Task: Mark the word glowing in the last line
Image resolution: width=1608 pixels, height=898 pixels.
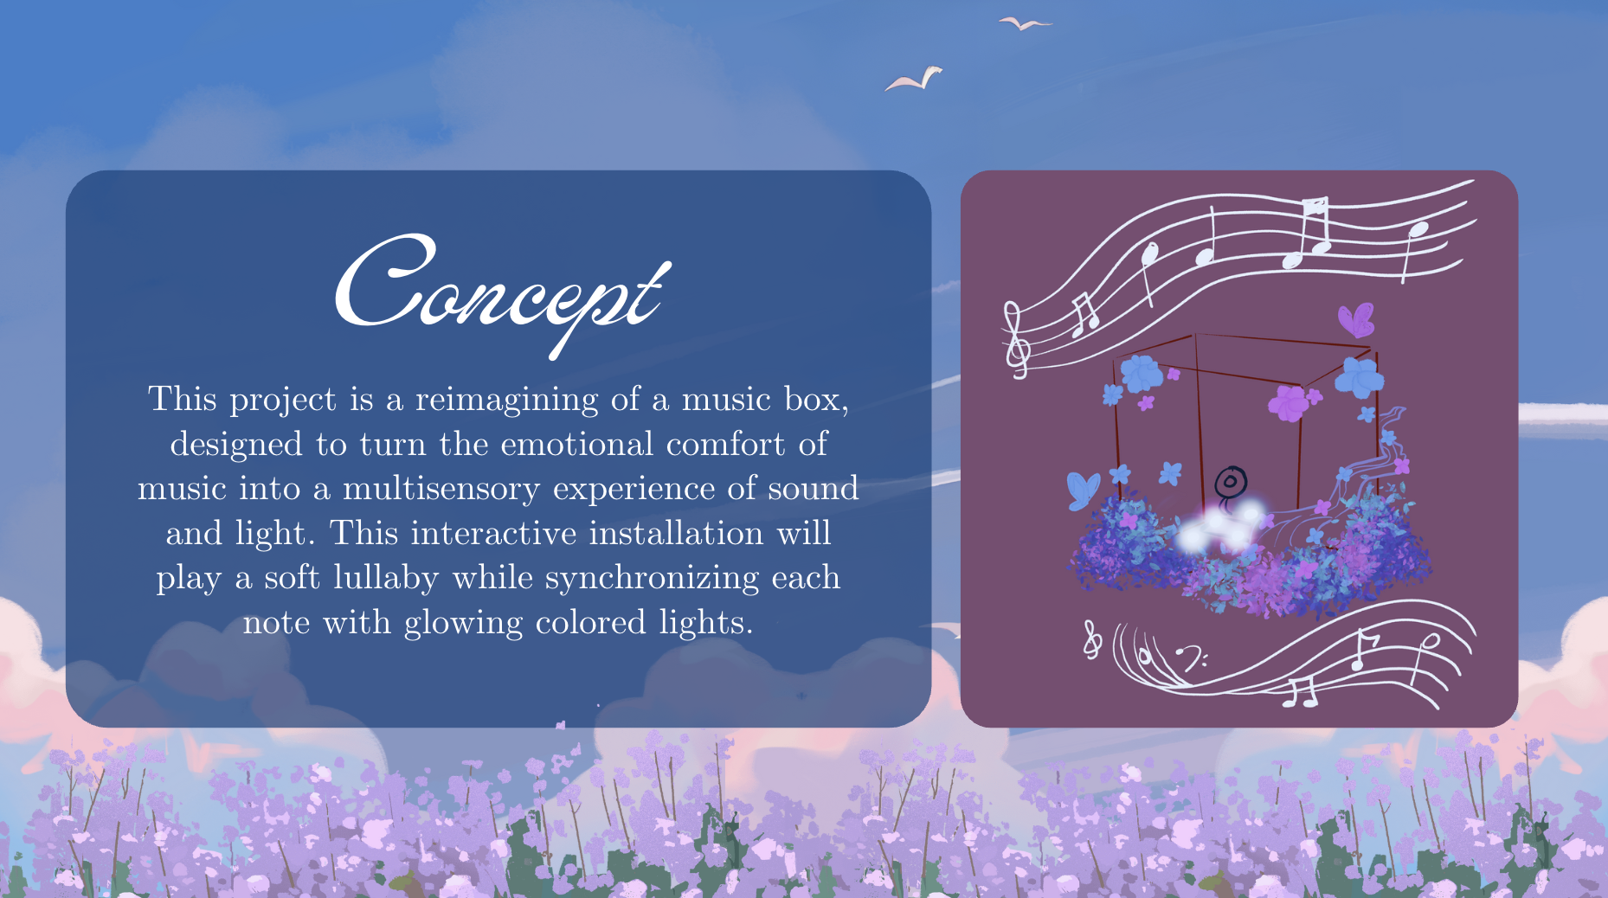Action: pyautogui.click(x=463, y=623)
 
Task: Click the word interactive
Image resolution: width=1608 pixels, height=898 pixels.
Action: pyautogui.click(x=493, y=533)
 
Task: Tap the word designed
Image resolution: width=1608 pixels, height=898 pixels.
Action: pyautogui.click(x=236, y=445)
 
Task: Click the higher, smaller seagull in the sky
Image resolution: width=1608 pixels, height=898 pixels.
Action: pyautogui.click(x=1024, y=23)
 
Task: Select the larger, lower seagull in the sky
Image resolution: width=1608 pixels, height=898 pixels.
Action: pyautogui.click(x=915, y=80)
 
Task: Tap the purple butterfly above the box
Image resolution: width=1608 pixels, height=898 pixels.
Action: pyautogui.click(x=1355, y=320)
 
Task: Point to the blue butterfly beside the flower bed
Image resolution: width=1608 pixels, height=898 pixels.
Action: pyautogui.click(x=1083, y=490)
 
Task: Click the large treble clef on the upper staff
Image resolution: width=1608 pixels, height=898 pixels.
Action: pyautogui.click(x=1016, y=339)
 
